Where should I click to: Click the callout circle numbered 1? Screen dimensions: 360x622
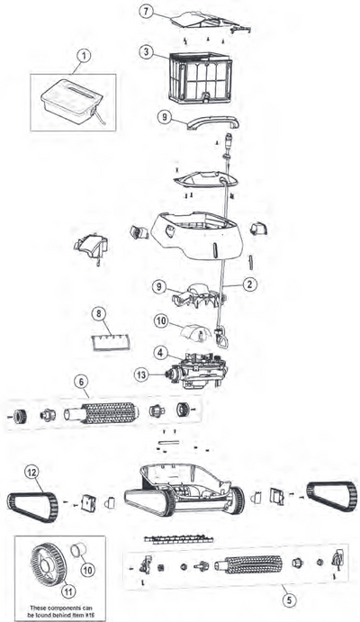(83, 57)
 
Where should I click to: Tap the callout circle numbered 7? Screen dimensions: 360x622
(147, 11)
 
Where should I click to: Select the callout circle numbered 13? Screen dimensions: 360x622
(140, 374)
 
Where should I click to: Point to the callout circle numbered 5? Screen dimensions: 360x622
(290, 600)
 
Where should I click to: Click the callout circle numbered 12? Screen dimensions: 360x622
(32, 472)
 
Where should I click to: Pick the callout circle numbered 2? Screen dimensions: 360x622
(250, 284)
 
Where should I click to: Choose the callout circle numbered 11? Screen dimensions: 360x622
(68, 591)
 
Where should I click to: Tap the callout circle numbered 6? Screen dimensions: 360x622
(81, 382)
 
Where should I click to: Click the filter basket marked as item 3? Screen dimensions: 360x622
(200, 77)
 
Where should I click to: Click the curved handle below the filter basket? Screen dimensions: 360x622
(212, 123)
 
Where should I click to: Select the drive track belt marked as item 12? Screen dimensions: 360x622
(32, 506)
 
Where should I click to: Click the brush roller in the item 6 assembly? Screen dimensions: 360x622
(110, 413)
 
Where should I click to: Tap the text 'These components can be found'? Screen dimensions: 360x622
(61, 608)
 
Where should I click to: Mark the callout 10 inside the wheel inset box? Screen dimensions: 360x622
(87, 570)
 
